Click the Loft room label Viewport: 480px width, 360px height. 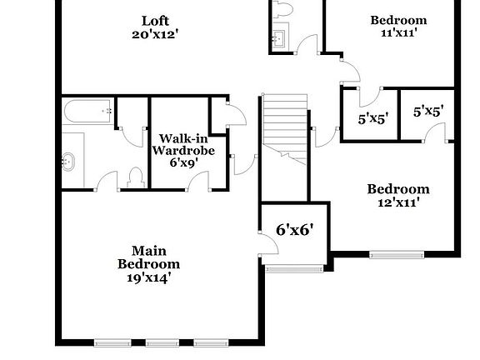[x=155, y=21]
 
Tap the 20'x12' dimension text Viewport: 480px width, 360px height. [x=155, y=34]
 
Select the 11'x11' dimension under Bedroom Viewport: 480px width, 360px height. [x=398, y=33]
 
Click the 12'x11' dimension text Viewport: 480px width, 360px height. [x=398, y=202]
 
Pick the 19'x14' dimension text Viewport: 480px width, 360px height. [x=148, y=278]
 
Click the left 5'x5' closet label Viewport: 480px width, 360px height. [x=372, y=119]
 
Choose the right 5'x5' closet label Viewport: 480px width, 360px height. [x=428, y=109]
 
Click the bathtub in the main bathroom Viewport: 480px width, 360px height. [x=87, y=110]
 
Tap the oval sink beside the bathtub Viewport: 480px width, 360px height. [x=69, y=161]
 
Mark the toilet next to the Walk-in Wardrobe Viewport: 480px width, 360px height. [x=135, y=178]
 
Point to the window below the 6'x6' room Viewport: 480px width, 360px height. [x=294, y=268]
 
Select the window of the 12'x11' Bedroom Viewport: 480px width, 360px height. [x=397, y=254]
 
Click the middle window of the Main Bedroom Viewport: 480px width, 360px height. [x=162, y=342]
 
